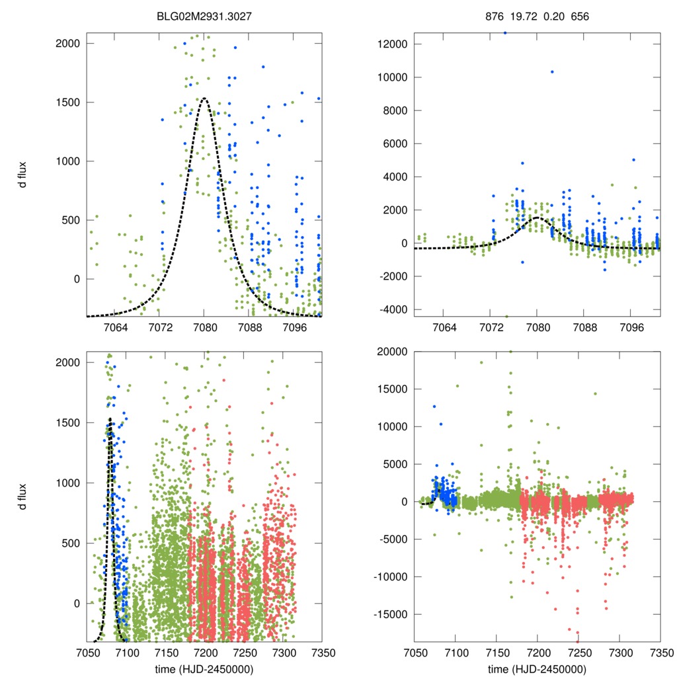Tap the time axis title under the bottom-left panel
[204, 668]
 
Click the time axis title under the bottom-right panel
[538, 668]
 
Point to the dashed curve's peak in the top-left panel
[204, 99]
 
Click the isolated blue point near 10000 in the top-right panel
[552, 71]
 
